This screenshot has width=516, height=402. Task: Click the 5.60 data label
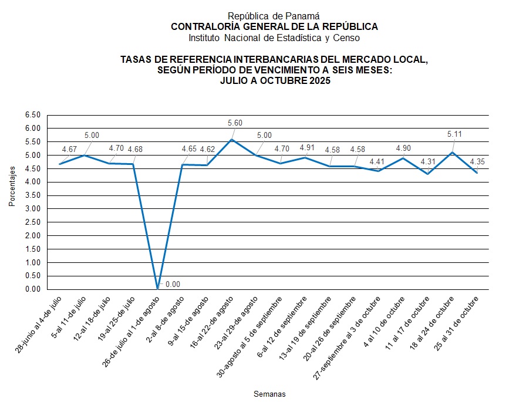point(235,123)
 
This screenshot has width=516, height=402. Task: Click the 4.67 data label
point(69,149)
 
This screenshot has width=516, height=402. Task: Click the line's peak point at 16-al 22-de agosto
point(231,139)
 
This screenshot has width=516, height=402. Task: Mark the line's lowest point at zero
point(157,289)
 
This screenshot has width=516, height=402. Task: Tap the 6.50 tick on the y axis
point(33,114)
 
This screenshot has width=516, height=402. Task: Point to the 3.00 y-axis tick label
point(33,208)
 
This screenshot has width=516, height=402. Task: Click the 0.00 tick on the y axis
point(33,289)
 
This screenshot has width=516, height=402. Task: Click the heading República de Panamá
point(274,16)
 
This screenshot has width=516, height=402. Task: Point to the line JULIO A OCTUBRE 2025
point(275,82)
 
